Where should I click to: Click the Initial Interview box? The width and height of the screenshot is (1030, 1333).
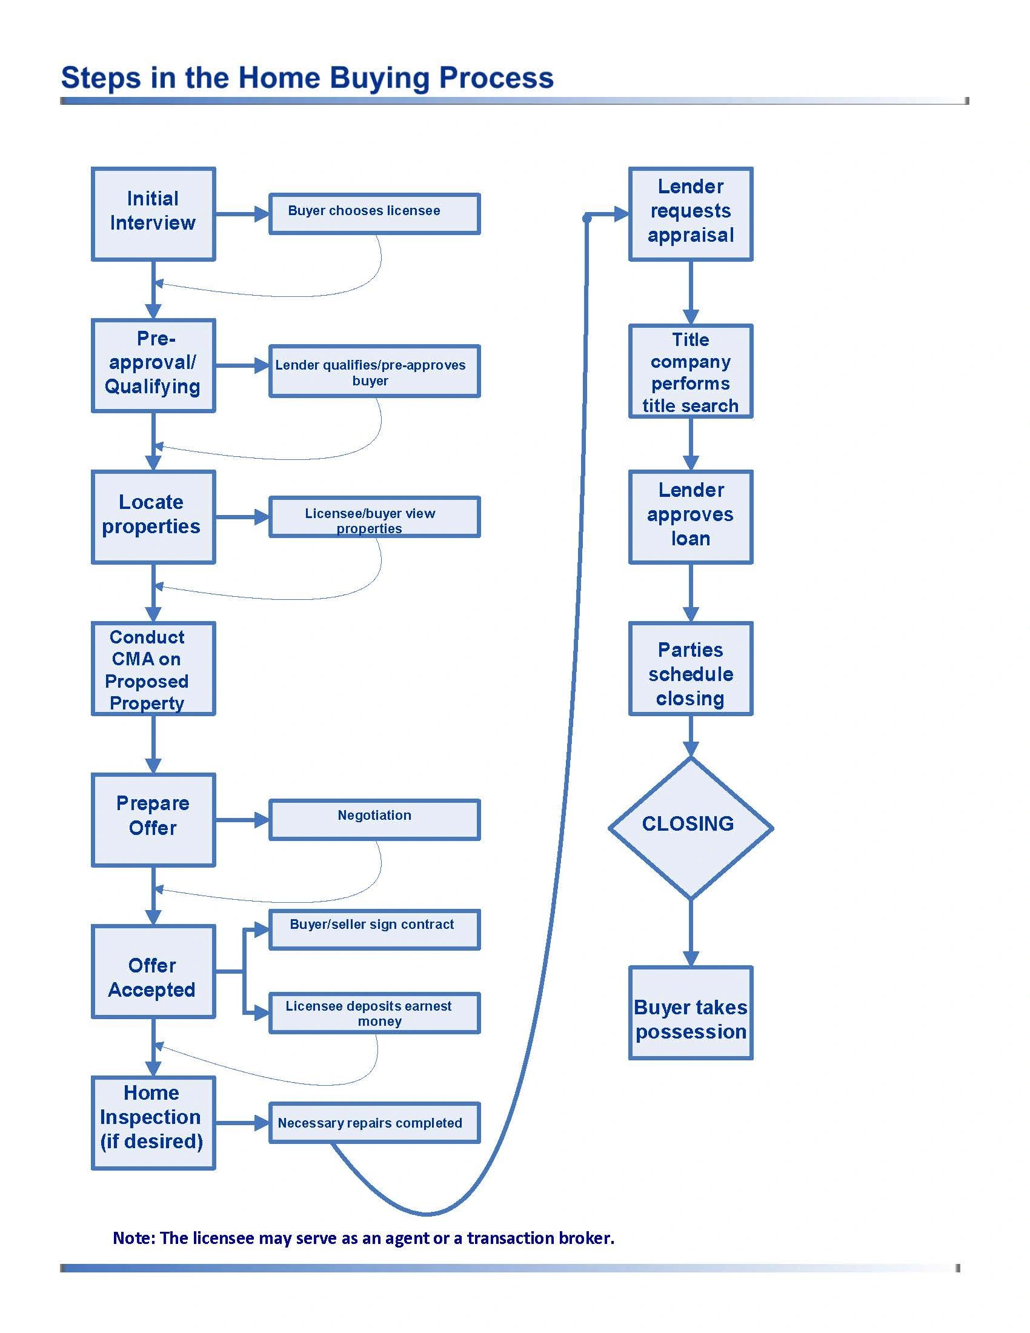click(x=153, y=214)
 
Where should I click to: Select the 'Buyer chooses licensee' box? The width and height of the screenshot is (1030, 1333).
click(x=374, y=214)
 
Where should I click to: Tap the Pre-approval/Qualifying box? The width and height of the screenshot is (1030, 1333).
click(x=153, y=365)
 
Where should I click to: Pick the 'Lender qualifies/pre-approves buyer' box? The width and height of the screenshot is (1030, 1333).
click(x=374, y=371)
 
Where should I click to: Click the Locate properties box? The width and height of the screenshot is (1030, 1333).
click(x=153, y=516)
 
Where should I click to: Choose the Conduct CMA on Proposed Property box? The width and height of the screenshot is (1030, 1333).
click(x=153, y=668)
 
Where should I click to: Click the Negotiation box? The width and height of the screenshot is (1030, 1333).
click(x=374, y=820)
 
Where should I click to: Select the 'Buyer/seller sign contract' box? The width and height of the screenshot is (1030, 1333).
click(x=374, y=929)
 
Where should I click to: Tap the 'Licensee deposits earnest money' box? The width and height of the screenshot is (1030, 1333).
click(x=374, y=1012)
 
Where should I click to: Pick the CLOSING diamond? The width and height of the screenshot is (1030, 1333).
click(x=690, y=827)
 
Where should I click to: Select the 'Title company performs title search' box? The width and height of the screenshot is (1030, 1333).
click(x=690, y=371)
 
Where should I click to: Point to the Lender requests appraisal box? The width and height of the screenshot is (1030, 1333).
click(x=690, y=214)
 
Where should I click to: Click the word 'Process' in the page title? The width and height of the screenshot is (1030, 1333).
click(x=496, y=78)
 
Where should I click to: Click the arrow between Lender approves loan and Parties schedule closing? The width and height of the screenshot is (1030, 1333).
click(x=690, y=592)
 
